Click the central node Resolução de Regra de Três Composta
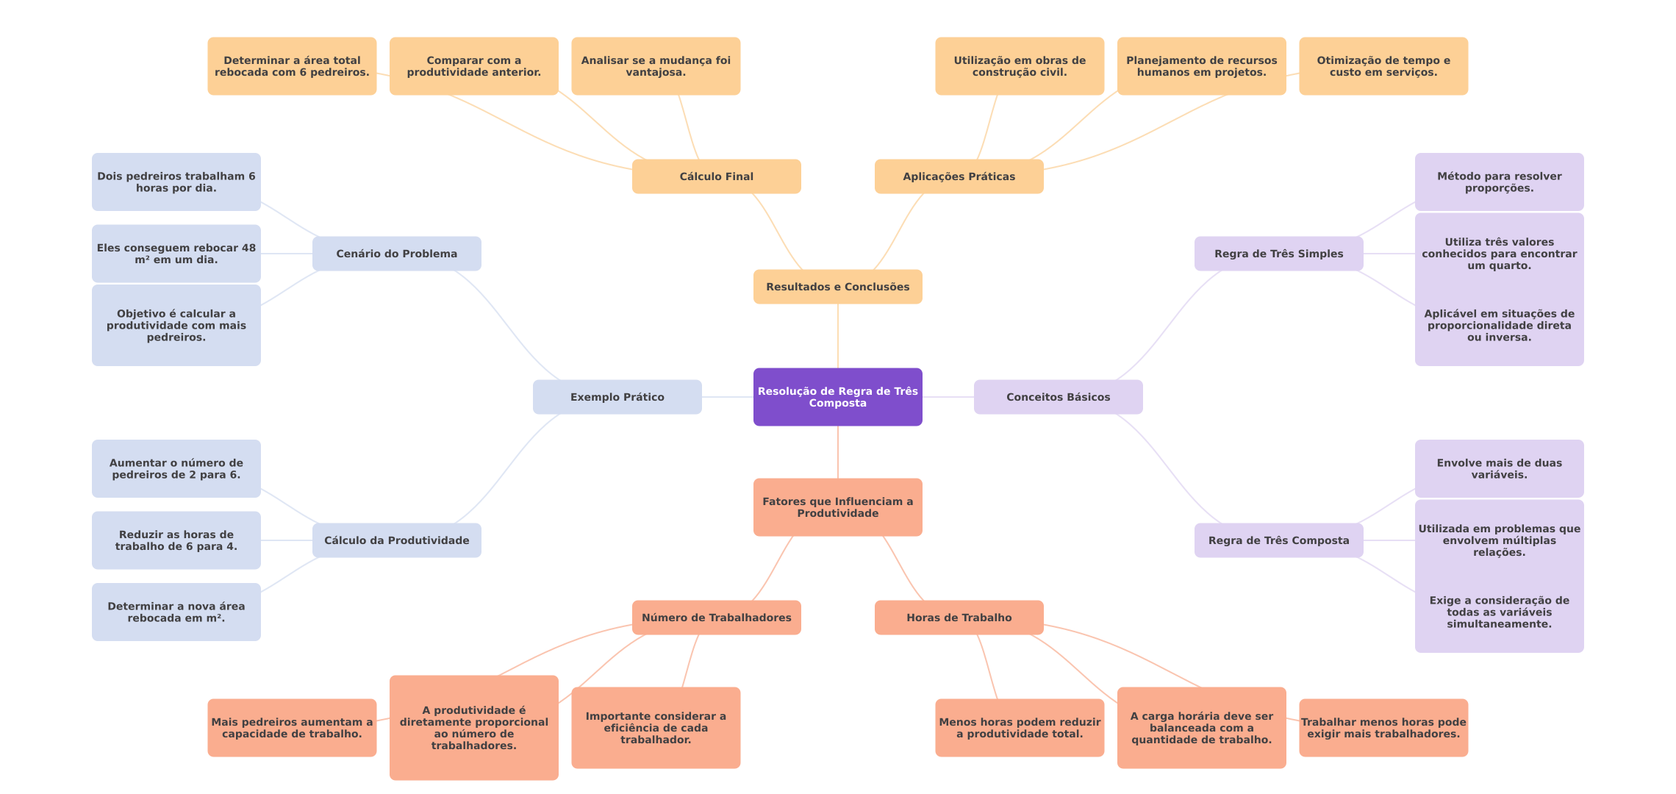pyautogui.click(x=837, y=397)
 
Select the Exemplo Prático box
pyautogui.click(x=617, y=397)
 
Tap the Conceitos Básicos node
pyautogui.click(x=1058, y=397)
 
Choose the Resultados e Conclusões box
pyautogui.click(x=837, y=287)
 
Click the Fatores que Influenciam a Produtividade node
pyautogui.click(x=837, y=507)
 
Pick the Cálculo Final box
pyautogui.click(x=716, y=176)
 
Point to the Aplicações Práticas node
pyautogui.click(x=959, y=176)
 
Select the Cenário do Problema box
pyautogui.click(x=396, y=254)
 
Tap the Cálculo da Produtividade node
pyautogui.click(x=396, y=540)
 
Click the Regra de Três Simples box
pyautogui.click(x=1278, y=254)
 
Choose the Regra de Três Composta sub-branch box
pyautogui.click(x=1278, y=540)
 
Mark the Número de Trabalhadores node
pyautogui.click(x=716, y=618)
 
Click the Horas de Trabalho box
pyautogui.click(x=959, y=618)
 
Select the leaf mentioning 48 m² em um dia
pyautogui.click(x=176, y=254)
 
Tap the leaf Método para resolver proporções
pyautogui.click(x=1499, y=182)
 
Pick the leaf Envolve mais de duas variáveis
pyautogui.click(x=1499, y=469)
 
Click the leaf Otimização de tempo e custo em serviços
pyautogui.click(x=1383, y=66)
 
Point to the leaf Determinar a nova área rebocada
pyautogui.click(x=176, y=612)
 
